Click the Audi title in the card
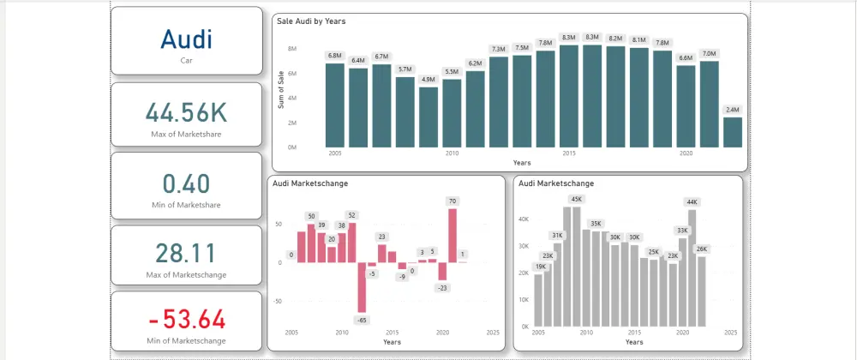click(186, 39)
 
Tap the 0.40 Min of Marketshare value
click(186, 183)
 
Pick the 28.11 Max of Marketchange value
click(186, 254)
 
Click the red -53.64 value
click(186, 321)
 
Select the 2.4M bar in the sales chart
click(732, 132)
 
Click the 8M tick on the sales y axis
click(292, 49)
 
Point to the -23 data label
click(443, 288)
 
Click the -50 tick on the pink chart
click(279, 301)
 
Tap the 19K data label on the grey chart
click(540, 267)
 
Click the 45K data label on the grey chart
click(575, 199)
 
